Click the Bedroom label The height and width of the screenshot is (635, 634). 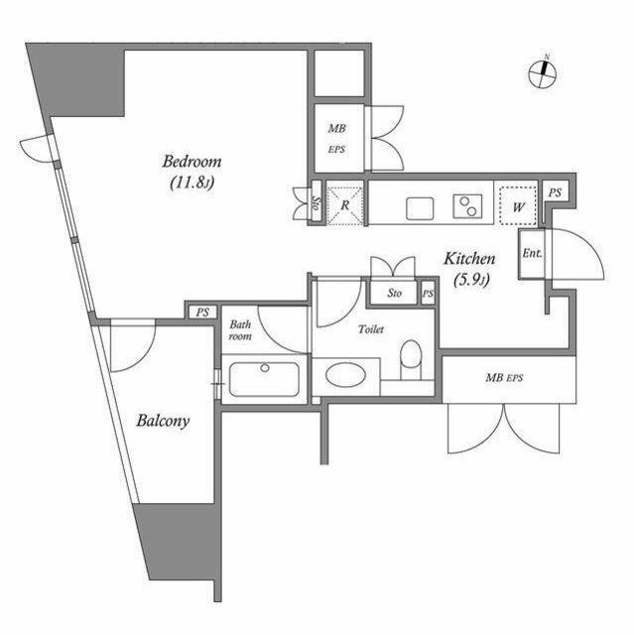tap(191, 162)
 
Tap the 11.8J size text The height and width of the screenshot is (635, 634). tap(191, 183)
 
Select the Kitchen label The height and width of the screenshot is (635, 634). tap(469, 258)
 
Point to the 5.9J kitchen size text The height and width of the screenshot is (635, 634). tap(472, 280)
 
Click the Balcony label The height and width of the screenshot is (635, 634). tap(163, 421)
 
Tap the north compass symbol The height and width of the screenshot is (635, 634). tap(543, 73)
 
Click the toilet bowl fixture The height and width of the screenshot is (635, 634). tap(411, 359)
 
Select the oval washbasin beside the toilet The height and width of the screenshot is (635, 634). tap(345, 376)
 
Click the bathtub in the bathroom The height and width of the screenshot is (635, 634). tap(264, 379)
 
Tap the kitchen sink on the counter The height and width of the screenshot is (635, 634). tap(420, 208)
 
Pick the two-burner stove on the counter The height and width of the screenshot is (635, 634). tap(467, 206)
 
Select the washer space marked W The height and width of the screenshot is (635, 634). tap(518, 205)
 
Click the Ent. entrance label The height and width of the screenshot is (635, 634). tap(532, 254)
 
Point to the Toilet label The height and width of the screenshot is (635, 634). tap(371, 329)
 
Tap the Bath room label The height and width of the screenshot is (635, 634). tap(240, 330)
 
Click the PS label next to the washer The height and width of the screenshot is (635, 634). tap(555, 193)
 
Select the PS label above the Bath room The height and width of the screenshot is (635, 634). tap(202, 313)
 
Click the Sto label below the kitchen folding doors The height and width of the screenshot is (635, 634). tap(394, 293)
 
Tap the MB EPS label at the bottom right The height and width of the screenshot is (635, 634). tap(504, 378)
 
